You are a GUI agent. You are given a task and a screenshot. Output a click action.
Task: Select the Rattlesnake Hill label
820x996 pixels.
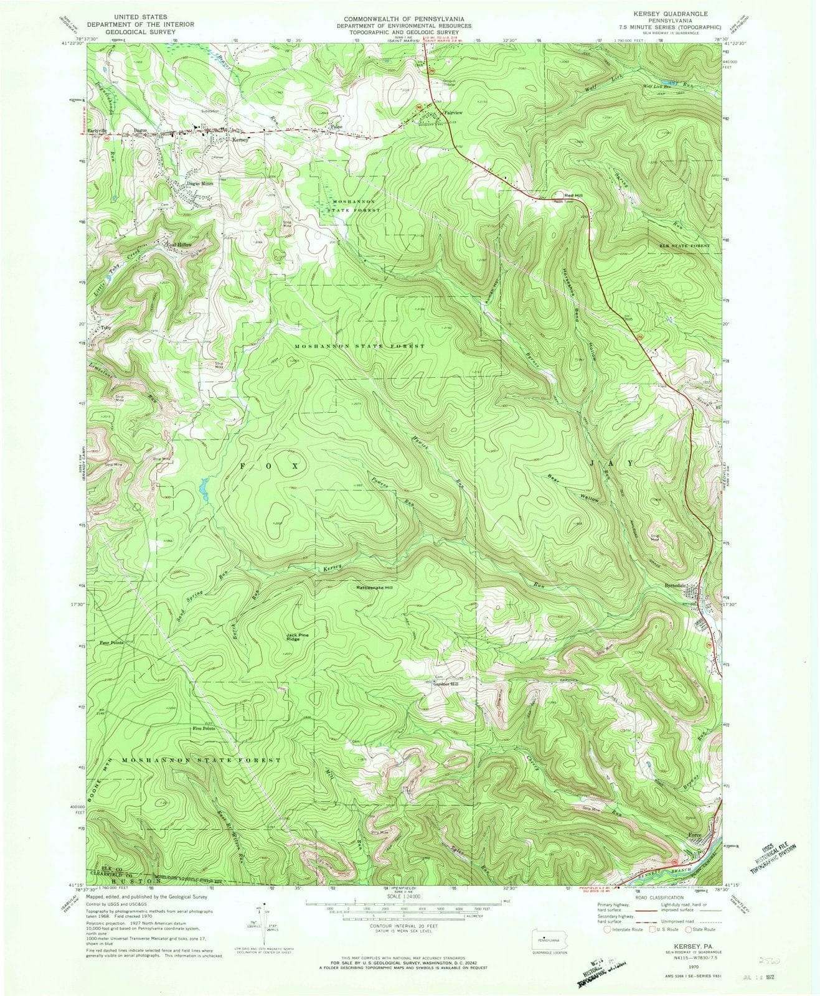(375, 588)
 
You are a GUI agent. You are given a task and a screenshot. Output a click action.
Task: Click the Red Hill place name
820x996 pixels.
(573, 195)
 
